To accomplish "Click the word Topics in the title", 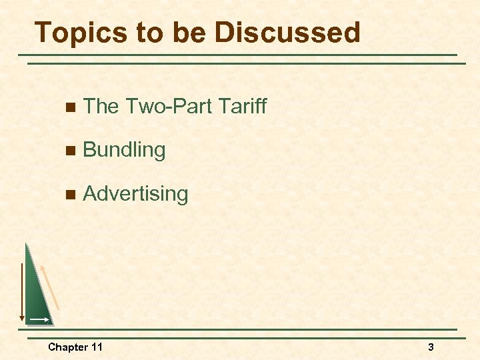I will point(75,32).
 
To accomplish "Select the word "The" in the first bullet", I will point(101,105).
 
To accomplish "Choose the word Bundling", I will point(124,150).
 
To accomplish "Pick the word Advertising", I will point(135,194).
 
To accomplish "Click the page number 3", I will point(431,347).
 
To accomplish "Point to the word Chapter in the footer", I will point(67,347).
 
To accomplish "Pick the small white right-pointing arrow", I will point(39,320).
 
